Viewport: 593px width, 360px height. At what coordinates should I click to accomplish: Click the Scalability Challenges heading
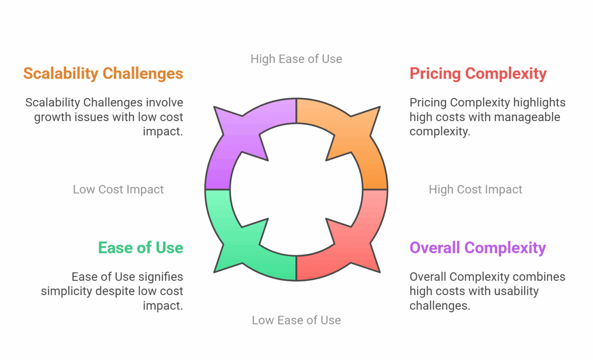[x=103, y=74]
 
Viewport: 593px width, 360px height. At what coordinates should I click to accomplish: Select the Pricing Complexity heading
[x=478, y=74]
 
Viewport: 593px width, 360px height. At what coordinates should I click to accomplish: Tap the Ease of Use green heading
[x=141, y=248]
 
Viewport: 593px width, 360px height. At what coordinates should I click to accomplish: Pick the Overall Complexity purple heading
[x=478, y=248]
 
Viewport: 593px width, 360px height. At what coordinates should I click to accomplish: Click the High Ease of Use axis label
[x=296, y=59]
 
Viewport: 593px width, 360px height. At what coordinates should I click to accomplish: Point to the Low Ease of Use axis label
[x=296, y=320]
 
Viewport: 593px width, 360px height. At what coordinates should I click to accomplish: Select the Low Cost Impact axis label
[x=118, y=189]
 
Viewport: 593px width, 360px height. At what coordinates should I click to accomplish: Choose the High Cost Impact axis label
[x=475, y=189]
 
